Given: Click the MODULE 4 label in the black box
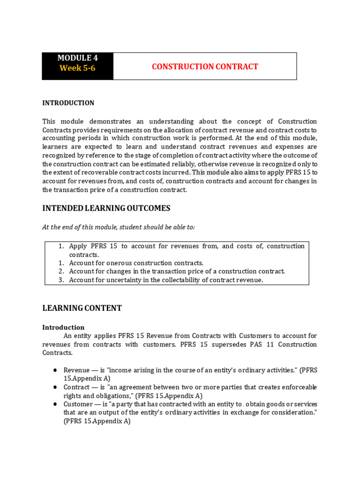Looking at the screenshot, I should click(x=77, y=58).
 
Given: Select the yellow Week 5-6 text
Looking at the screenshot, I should click(x=77, y=68).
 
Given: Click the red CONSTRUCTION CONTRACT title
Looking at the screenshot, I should click(x=205, y=67).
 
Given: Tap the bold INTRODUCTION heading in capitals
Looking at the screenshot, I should click(x=68, y=103).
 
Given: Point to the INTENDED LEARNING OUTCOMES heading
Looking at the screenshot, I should click(x=106, y=208).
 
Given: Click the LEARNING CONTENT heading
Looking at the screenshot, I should click(x=82, y=308).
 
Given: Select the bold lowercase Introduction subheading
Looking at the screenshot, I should click(x=63, y=327).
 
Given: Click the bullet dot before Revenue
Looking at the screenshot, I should click(x=55, y=370).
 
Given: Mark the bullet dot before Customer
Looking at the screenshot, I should click(x=55, y=404).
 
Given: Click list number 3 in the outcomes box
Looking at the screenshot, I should click(x=61, y=280).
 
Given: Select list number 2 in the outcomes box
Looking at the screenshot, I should click(x=61, y=271).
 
